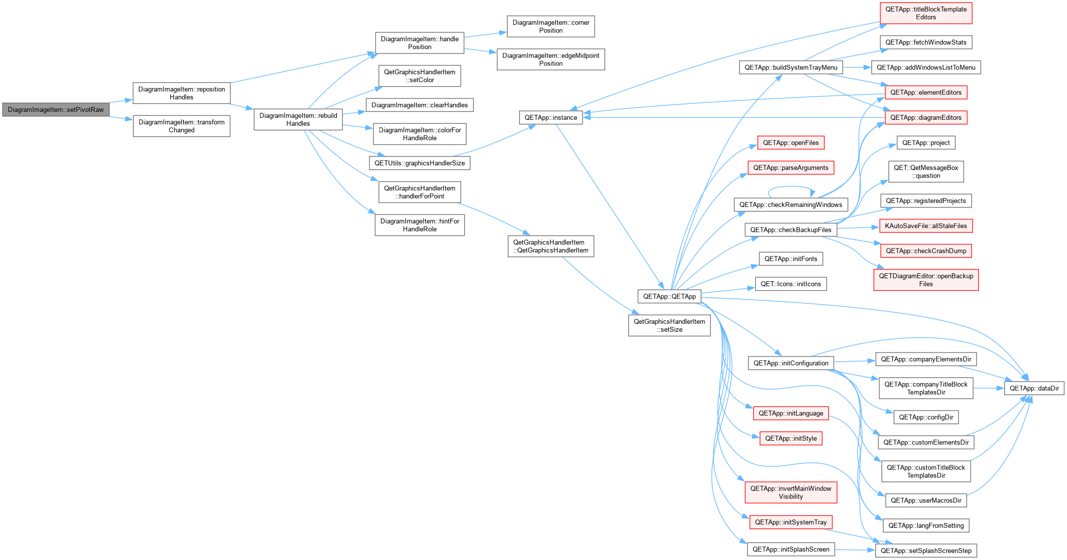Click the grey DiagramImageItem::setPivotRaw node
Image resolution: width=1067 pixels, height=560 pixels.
pos(55,109)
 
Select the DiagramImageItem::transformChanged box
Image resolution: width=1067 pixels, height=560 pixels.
pos(181,126)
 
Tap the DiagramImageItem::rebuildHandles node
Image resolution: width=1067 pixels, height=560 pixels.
pos(298,119)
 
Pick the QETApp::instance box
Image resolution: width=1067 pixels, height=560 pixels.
pos(551,117)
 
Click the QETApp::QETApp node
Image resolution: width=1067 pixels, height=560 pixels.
pos(669,296)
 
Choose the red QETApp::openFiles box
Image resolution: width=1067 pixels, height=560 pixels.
pos(791,143)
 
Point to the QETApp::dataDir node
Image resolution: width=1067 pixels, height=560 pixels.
pos(1034,388)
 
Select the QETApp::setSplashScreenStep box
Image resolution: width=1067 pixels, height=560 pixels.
pos(926,551)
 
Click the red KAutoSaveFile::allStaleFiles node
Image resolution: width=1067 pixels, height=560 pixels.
pos(926,226)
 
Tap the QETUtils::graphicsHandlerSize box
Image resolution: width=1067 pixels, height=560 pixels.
pos(420,163)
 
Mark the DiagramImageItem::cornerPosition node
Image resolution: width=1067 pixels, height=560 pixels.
pos(551,26)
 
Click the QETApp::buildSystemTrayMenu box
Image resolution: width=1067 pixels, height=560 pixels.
pos(791,67)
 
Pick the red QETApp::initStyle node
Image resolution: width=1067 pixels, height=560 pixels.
pos(791,438)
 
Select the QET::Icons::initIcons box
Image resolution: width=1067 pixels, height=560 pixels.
pos(791,284)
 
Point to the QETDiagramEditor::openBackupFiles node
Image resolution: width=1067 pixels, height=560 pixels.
pos(926,280)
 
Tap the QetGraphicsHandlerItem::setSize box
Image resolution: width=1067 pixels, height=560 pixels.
pos(669,325)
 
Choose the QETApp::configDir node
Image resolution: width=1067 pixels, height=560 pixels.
pos(926,417)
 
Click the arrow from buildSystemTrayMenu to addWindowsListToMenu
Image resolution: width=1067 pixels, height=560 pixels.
pos(856,67)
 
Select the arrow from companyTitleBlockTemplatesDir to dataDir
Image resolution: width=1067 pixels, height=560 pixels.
pos(989,388)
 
